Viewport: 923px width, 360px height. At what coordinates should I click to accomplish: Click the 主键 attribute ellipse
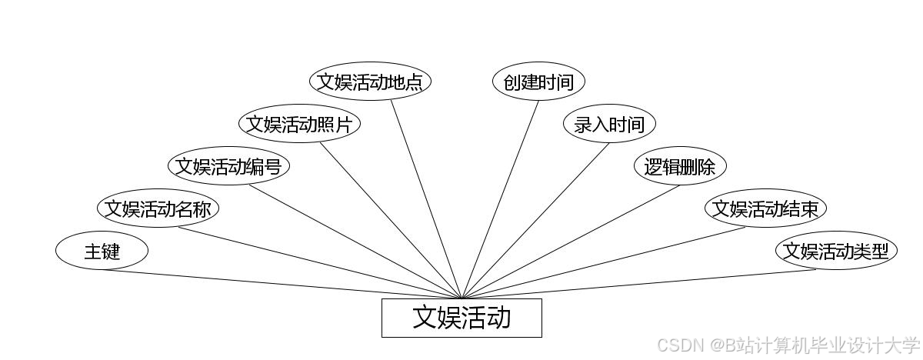[102, 251]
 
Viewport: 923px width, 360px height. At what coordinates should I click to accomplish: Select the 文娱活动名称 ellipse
[158, 208]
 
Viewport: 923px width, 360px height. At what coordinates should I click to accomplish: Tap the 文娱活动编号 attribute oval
[228, 166]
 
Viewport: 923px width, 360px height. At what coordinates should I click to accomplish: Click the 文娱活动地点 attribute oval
[370, 82]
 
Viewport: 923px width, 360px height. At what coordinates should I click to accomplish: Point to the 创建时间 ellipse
[538, 82]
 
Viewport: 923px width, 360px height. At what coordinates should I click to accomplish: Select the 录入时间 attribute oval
[609, 124]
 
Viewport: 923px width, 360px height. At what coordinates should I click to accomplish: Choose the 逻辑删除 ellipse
[680, 166]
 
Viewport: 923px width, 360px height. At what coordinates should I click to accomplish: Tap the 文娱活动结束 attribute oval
[765, 208]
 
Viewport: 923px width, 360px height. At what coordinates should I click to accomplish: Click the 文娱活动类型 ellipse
[835, 251]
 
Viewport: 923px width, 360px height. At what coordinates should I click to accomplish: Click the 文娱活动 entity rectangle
[461, 318]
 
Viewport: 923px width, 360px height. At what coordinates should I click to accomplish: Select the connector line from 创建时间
[501, 198]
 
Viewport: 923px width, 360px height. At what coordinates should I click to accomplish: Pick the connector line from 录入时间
[535, 221]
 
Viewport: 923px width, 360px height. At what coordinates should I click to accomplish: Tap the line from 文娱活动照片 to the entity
[391, 221]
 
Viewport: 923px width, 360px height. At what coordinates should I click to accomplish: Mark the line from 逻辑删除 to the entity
[571, 242]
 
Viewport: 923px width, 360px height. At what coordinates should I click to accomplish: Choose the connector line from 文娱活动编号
[354, 242]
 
